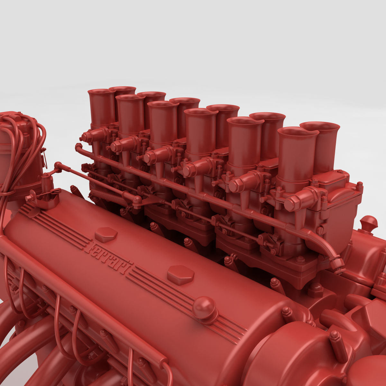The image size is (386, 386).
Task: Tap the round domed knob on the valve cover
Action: point(205,308)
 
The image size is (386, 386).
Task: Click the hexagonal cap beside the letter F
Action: point(106,234)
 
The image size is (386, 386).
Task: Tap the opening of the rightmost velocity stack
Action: point(320,125)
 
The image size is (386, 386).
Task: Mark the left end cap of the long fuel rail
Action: point(78,147)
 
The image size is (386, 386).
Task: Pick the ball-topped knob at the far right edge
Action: point(369,222)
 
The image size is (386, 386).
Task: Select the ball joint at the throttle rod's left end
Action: point(58,166)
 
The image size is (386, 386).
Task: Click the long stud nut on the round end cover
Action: point(338,346)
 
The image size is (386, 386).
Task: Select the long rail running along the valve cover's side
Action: point(80,289)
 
